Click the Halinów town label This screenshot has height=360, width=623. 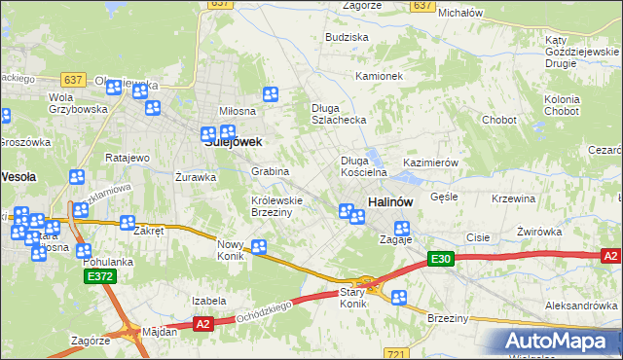[391, 200]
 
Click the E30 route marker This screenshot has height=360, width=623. [442, 258]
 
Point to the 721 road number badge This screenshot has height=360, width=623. [394, 354]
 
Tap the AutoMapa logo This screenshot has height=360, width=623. [561, 342]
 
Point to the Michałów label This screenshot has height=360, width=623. [460, 13]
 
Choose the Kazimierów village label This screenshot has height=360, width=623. [430, 162]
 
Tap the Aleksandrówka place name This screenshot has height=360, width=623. [582, 305]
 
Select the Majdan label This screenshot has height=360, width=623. [160, 331]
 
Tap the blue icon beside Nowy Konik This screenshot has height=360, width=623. [259, 247]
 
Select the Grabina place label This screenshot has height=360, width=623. [271, 171]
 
